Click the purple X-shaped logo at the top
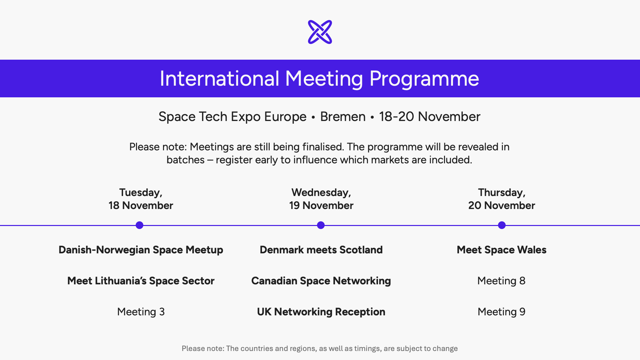(x=320, y=32)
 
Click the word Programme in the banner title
(x=424, y=79)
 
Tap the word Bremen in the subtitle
(x=343, y=117)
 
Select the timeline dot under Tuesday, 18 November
(x=140, y=225)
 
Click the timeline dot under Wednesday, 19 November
(x=321, y=225)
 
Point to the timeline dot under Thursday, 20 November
(x=502, y=225)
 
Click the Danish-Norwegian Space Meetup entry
(x=141, y=250)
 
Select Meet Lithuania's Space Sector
(x=141, y=281)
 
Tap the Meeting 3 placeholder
(x=141, y=312)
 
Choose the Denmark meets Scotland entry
(x=321, y=250)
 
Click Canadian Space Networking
(x=321, y=281)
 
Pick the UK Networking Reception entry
(x=321, y=312)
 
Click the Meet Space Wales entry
(x=501, y=250)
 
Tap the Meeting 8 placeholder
(x=501, y=281)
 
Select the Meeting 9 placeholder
(x=501, y=312)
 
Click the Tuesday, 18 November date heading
(x=141, y=199)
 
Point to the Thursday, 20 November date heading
(x=501, y=199)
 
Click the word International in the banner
(x=219, y=79)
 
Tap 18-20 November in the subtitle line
(x=429, y=117)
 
